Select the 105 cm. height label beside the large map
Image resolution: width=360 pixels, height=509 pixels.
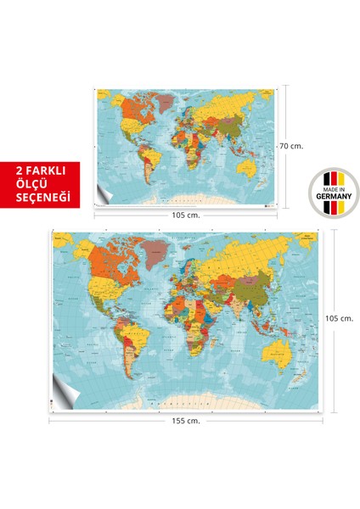pos(339,318)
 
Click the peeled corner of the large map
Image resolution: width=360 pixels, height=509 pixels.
pos(62,379)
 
